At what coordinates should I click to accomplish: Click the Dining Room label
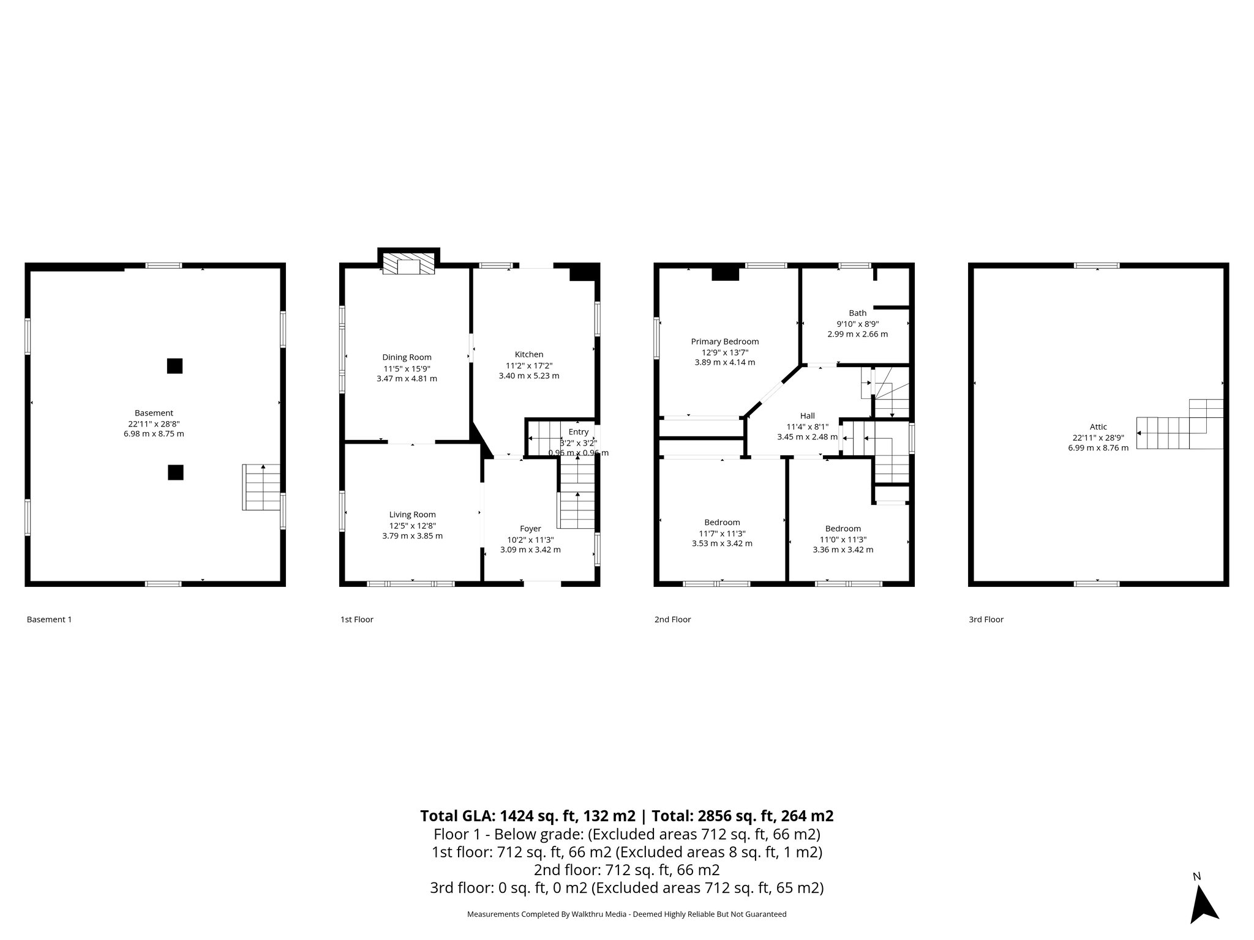pyautogui.click(x=407, y=357)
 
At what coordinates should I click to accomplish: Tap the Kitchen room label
pyautogui.click(x=528, y=354)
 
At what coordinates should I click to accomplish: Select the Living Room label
pyautogui.click(x=412, y=515)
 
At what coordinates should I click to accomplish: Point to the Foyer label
pyautogui.click(x=530, y=529)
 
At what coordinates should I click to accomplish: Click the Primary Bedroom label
pyautogui.click(x=724, y=341)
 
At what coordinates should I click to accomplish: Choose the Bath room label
pyautogui.click(x=857, y=313)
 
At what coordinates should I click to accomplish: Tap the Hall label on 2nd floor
pyautogui.click(x=807, y=416)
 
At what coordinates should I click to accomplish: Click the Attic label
pyautogui.click(x=1098, y=427)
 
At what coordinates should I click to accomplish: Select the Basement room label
pyautogui.click(x=154, y=413)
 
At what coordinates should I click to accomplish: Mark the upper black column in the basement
pyautogui.click(x=175, y=366)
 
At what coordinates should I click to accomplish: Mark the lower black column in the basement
pyautogui.click(x=175, y=472)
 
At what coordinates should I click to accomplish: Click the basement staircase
pyautogui.click(x=262, y=487)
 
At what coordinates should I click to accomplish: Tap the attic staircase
pyautogui.click(x=1179, y=426)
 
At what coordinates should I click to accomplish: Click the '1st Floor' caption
pyautogui.click(x=356, y=619)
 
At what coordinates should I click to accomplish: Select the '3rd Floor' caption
pyautogui.click(x=986, y=619)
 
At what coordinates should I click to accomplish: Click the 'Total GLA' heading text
pyautogui.click(x=626, y=816)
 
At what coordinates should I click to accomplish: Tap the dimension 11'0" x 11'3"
pyautogui.click(x=843, y=539)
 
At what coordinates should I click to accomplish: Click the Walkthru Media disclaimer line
pyautogui.click(x=626, y=914)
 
